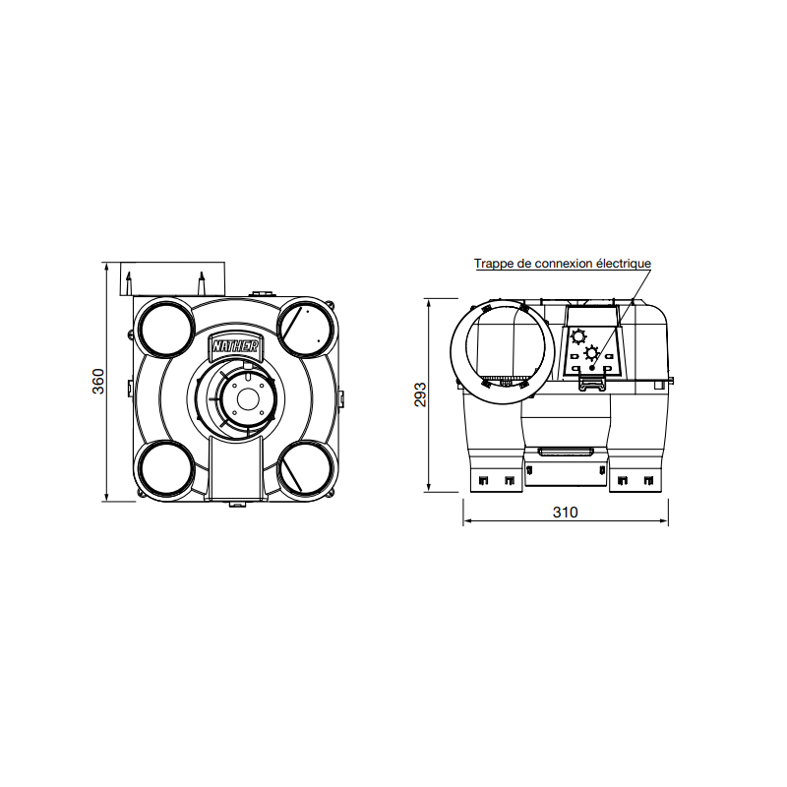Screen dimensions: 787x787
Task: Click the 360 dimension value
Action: click(97, 382)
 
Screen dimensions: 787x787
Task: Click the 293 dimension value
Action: click(420, 393)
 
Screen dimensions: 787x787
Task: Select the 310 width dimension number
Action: click(565, 513)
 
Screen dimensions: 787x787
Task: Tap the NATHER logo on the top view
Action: click(234, 346)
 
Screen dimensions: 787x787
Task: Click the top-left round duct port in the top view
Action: click(165, 328)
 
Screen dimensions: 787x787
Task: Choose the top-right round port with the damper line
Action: click(305, 328)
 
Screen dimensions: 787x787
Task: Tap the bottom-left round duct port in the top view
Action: click(165, 467)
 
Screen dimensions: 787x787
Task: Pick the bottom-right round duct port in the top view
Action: click(305, 467)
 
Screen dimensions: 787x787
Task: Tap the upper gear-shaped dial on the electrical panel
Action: click(578, 335)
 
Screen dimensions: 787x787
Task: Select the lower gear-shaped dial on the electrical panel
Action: click(591, 353)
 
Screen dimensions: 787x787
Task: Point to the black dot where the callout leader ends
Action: click(592, 367)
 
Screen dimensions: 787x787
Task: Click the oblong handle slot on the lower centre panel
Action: click(565, 452)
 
